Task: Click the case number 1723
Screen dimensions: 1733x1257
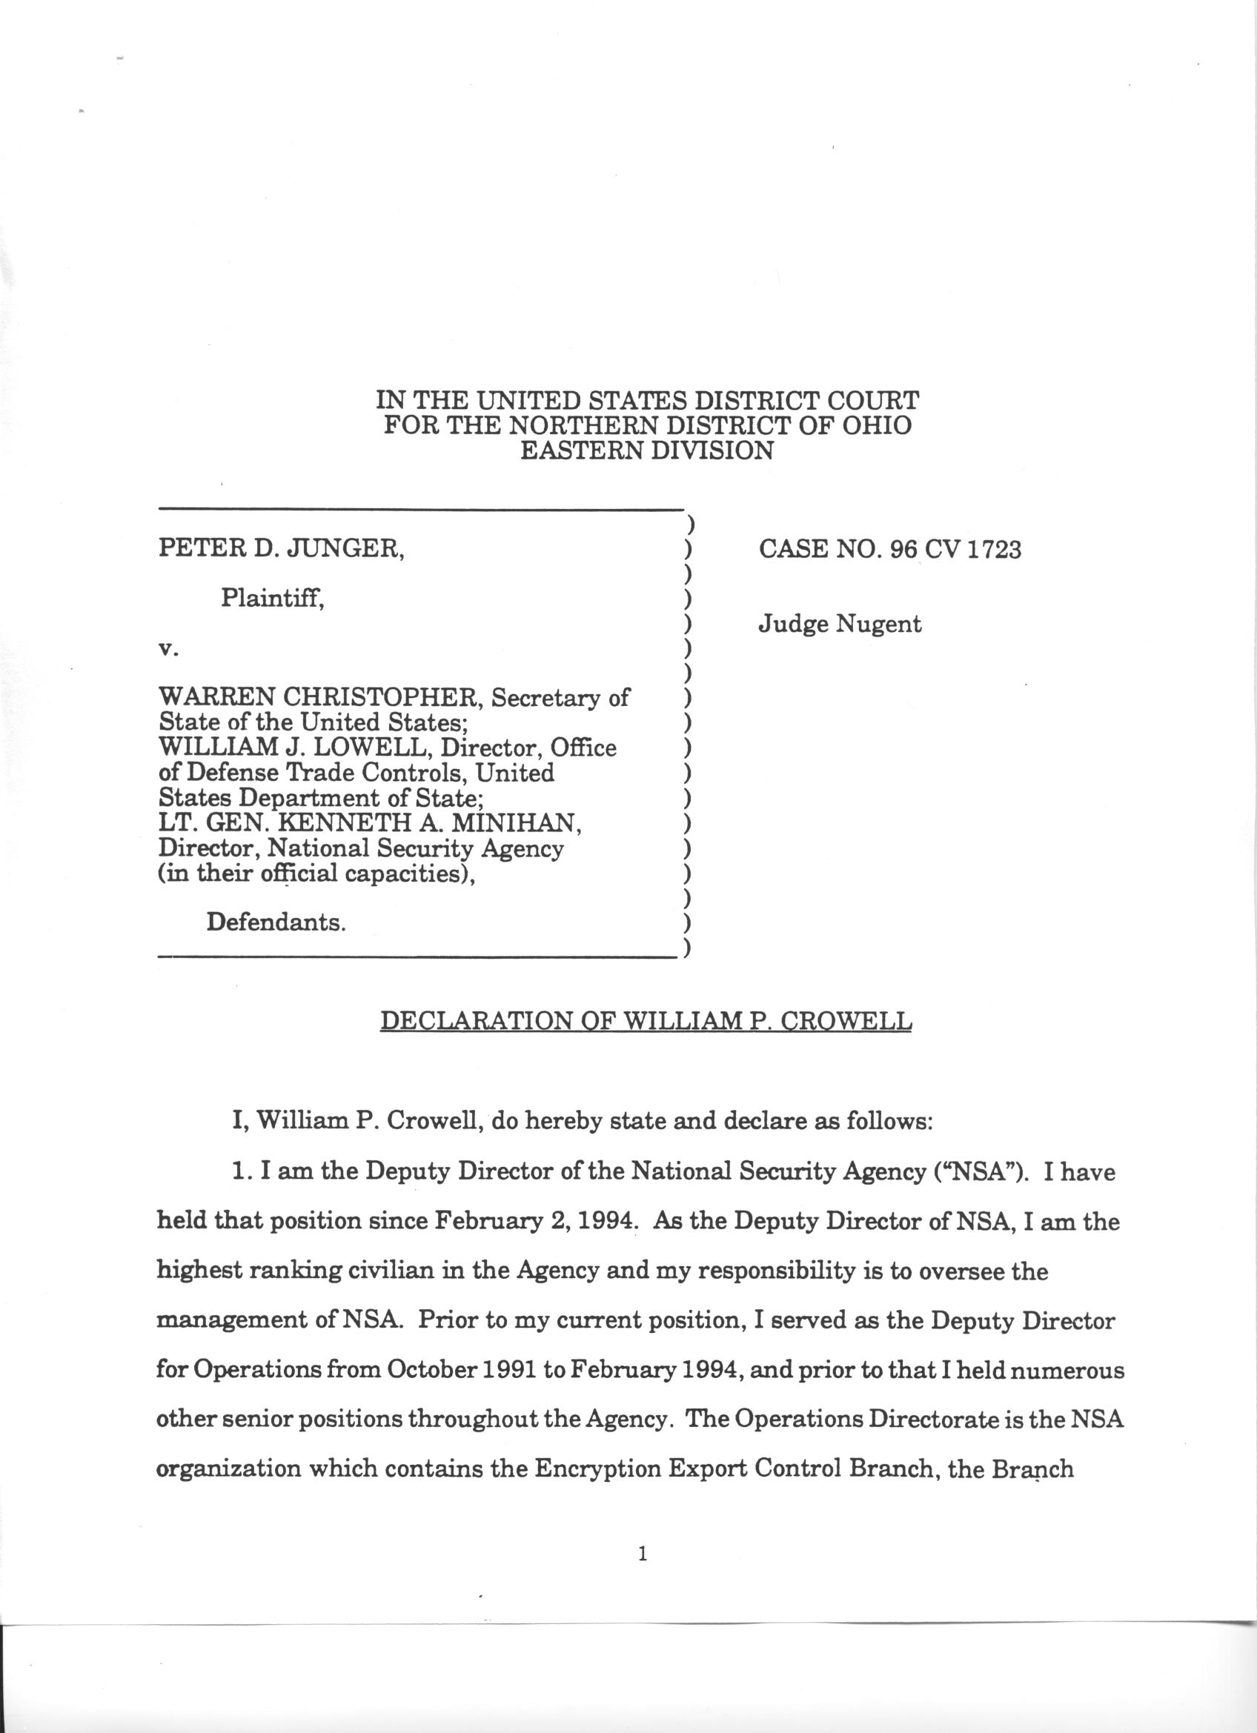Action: [x=992, y=550]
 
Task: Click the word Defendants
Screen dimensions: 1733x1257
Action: [x=276, y=922]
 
